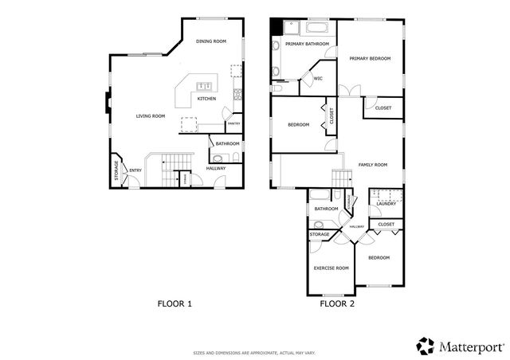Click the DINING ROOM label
[x=210, y=41]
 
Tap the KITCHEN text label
[x=206, y=99]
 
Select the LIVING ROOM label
[x=150, y=116]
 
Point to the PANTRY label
[x=233, y=123]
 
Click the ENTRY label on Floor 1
[x=135, y=170]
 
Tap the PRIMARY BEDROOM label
[x=370, y=58]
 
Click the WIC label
[x=317, y=78]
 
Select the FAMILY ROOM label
[x=372, y=165]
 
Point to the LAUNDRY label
[x=386, y=204]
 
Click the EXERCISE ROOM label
[x=331, y=268]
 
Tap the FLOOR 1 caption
[x=174, y=303]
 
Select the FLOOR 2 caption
[x=337, y=303]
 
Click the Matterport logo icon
[x=425, y=345]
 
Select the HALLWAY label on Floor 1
[x=216, y=168]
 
